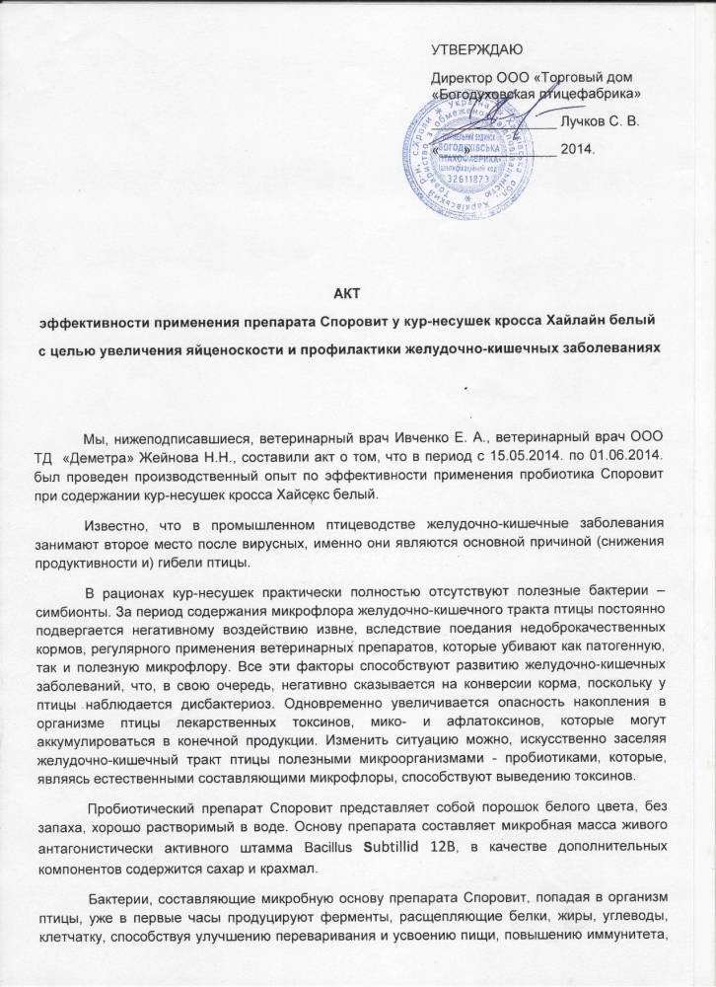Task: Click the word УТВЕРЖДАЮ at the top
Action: click(x=477, y=49)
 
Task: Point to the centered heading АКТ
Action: click(x=359, y=291)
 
